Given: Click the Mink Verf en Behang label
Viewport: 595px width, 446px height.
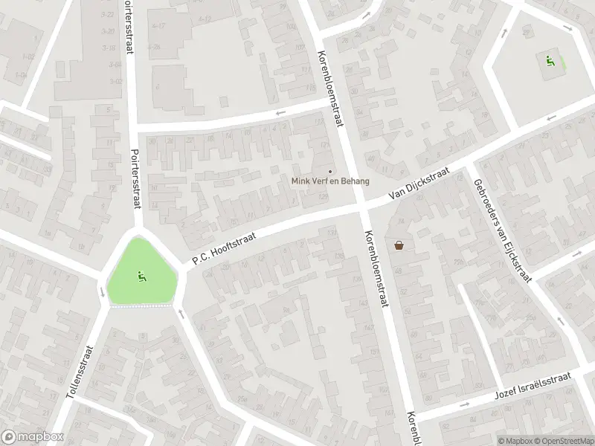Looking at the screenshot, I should coord(329,181).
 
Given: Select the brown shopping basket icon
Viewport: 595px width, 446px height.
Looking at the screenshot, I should coord(399,245).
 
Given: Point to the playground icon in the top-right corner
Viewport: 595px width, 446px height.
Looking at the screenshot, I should coord(550,61).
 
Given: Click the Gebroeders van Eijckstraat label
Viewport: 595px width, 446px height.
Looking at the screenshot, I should coord(503,231).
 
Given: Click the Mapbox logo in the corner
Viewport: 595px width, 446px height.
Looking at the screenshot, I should coord(32,437).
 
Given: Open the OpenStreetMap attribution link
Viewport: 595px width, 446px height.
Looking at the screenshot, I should coord(563,441).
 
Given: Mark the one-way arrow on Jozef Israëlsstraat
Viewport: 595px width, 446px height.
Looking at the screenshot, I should coord(464,405).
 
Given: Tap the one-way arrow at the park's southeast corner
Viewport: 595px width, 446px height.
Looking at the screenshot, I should coord(181,314).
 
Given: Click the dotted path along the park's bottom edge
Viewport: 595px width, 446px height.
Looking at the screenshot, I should coord(141,306).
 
